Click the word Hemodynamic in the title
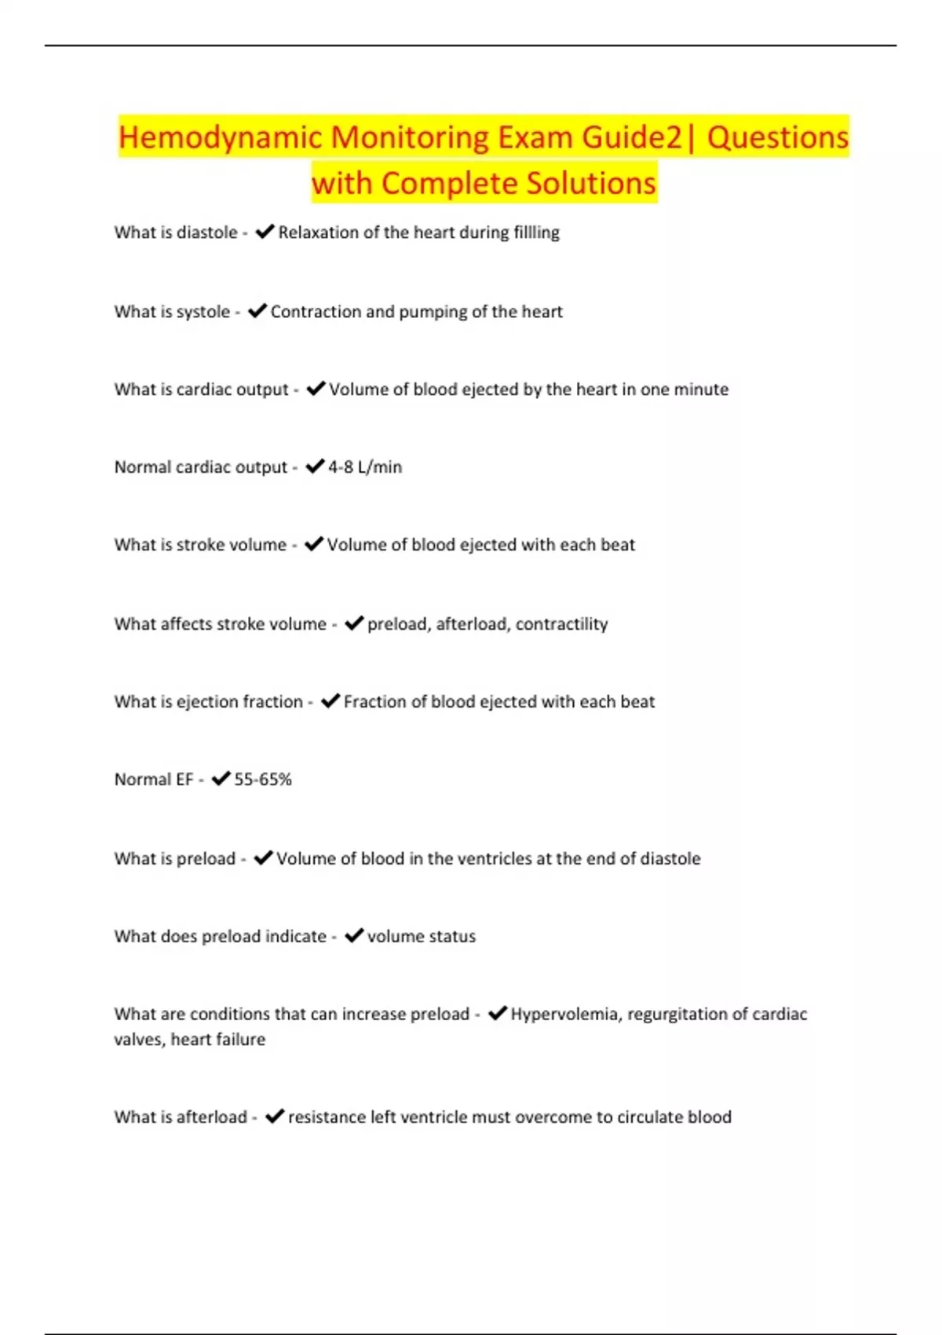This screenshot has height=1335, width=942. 221,137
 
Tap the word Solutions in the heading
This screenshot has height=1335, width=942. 590,184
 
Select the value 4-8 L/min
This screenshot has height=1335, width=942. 365,467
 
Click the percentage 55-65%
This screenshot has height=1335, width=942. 263,780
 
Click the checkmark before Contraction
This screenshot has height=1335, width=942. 257,312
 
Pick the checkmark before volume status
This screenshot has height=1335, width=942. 354,936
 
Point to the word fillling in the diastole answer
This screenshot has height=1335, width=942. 536,232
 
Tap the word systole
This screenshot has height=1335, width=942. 203,312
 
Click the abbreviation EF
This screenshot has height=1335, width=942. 184,780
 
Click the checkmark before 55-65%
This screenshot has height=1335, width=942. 221,779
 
